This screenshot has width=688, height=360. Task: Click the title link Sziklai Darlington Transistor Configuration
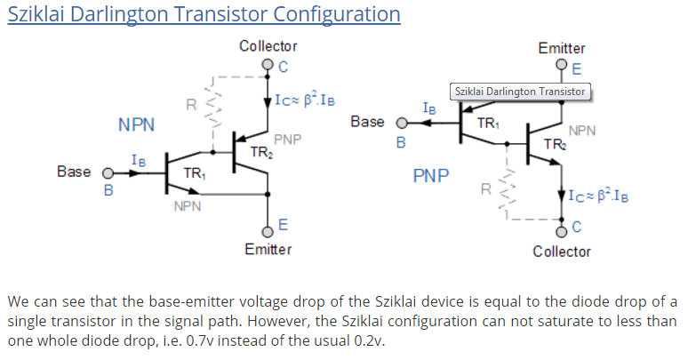click(x=204, y=15)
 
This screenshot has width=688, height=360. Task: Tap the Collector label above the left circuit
click(x=268, y=46)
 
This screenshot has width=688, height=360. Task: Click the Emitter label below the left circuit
click(x=268, y=249)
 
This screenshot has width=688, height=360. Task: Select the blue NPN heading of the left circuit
click(x=137, y=125)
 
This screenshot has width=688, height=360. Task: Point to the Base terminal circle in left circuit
click(x=108, y=172)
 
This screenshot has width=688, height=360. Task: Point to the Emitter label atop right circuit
click(x=562, y=48)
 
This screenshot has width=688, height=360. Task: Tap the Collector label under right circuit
click(x=562, y=252)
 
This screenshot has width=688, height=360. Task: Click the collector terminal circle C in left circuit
click(x=268, y=65)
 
